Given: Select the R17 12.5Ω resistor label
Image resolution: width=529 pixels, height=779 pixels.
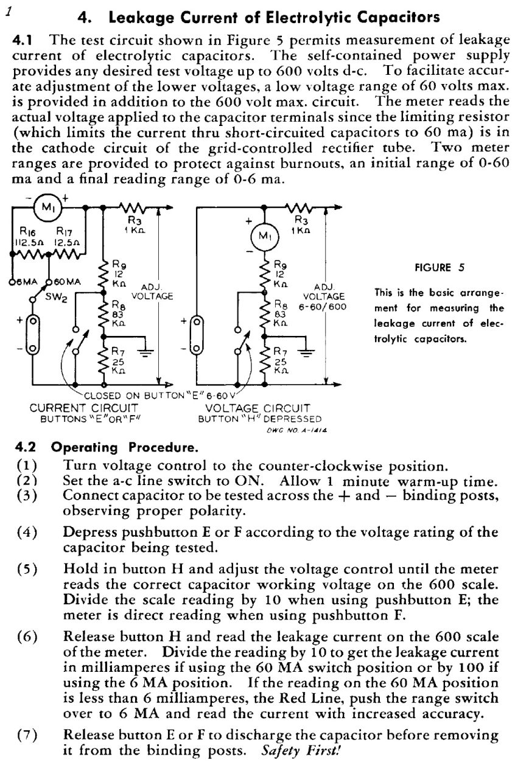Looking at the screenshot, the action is (67, 237).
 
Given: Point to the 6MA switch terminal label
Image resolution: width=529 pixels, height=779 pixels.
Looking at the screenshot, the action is (27, 282).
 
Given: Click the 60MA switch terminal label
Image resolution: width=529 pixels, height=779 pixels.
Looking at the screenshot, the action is (68, 282).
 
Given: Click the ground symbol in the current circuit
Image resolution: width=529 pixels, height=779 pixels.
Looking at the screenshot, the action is (145, 352).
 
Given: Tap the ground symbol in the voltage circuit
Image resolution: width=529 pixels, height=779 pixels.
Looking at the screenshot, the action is (307, 352).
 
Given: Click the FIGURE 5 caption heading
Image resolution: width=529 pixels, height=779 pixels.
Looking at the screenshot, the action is (440, 267).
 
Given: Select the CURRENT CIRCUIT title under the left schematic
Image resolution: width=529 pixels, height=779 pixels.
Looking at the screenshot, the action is (84, 408).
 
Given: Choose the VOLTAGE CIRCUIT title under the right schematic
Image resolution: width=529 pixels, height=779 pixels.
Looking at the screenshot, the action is (257, 408).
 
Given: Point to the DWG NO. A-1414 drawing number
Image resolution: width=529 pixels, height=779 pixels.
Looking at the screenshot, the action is (296, 430).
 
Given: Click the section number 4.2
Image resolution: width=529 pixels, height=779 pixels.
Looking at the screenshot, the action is (26, 447).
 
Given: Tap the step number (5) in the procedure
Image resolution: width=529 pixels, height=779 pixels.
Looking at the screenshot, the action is (27, 569).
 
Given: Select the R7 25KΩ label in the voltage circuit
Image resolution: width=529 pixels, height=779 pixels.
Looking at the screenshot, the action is (281, 360).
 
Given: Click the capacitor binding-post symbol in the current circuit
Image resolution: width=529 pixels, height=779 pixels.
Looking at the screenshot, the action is (32, 335).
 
